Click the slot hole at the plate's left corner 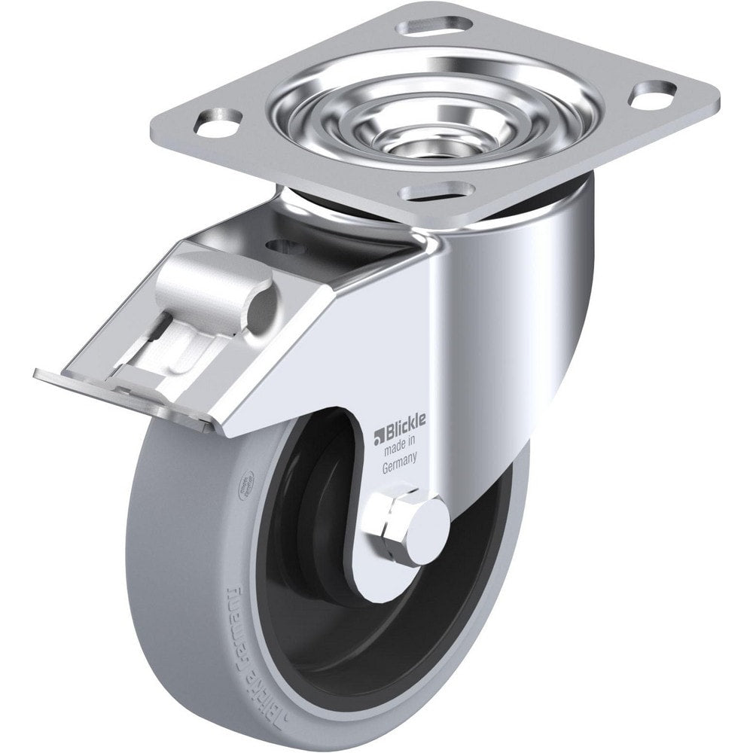(x=219, y=121)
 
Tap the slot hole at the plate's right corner (x=652, y=95)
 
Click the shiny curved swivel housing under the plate (x=527, y=286)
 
